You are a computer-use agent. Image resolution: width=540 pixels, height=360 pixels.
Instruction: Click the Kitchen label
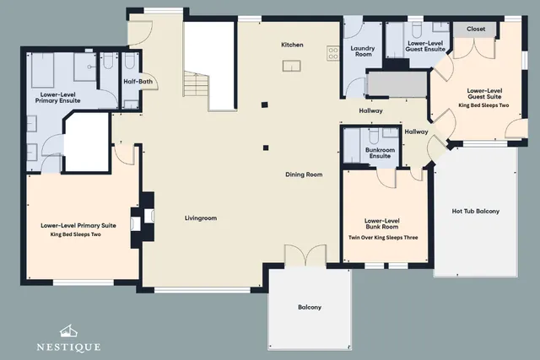292,45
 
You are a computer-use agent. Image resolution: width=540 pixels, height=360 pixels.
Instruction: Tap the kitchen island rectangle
292,66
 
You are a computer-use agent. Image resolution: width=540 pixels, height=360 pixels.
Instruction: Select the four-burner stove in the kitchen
333,54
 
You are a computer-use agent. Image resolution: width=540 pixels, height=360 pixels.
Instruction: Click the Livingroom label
201,218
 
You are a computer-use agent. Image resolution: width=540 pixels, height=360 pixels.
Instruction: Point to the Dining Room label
304,175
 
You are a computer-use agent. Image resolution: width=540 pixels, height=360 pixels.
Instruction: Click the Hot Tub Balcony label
476,212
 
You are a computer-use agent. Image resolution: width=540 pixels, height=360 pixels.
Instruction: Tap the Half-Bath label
138,82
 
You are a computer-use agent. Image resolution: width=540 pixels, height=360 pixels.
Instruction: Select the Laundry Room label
363,51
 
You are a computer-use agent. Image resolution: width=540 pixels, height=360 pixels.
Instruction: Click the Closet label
476,29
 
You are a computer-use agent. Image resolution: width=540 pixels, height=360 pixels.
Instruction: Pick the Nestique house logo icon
68,331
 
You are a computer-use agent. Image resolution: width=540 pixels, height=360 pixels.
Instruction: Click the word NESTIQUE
68,347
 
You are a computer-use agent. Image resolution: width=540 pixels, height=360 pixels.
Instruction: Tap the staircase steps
197,83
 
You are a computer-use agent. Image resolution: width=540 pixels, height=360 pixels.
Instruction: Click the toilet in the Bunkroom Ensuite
374,136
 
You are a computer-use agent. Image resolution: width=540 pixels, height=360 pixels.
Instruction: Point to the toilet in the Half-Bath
129,61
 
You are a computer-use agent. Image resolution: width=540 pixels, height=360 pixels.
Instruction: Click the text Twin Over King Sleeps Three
383,238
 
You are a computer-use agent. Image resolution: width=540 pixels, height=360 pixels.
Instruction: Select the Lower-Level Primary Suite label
78,226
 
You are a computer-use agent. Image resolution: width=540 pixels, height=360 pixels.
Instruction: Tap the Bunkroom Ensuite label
380,153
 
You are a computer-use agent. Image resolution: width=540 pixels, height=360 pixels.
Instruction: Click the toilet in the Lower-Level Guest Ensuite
417,30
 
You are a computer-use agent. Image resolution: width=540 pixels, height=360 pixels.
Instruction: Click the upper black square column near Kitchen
264,105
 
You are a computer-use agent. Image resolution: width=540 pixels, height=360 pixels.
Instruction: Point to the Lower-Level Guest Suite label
484,94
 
